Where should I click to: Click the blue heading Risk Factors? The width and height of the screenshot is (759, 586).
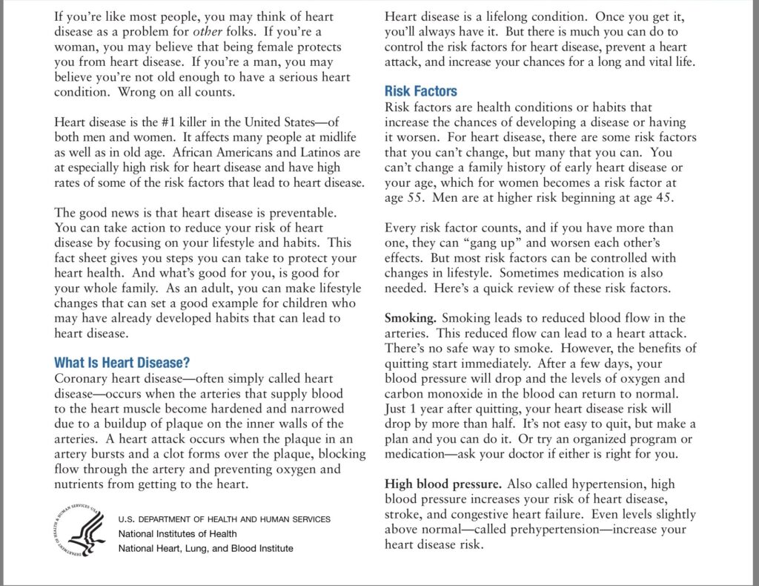(x=420, y=92)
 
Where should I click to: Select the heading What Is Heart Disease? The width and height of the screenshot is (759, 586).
(x=122, y=363)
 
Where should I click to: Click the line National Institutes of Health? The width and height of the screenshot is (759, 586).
(x=178, y=533)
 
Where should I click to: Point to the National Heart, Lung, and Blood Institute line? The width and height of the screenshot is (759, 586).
(x=205, y=548)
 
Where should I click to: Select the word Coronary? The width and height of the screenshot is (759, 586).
(x=79, y=378)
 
